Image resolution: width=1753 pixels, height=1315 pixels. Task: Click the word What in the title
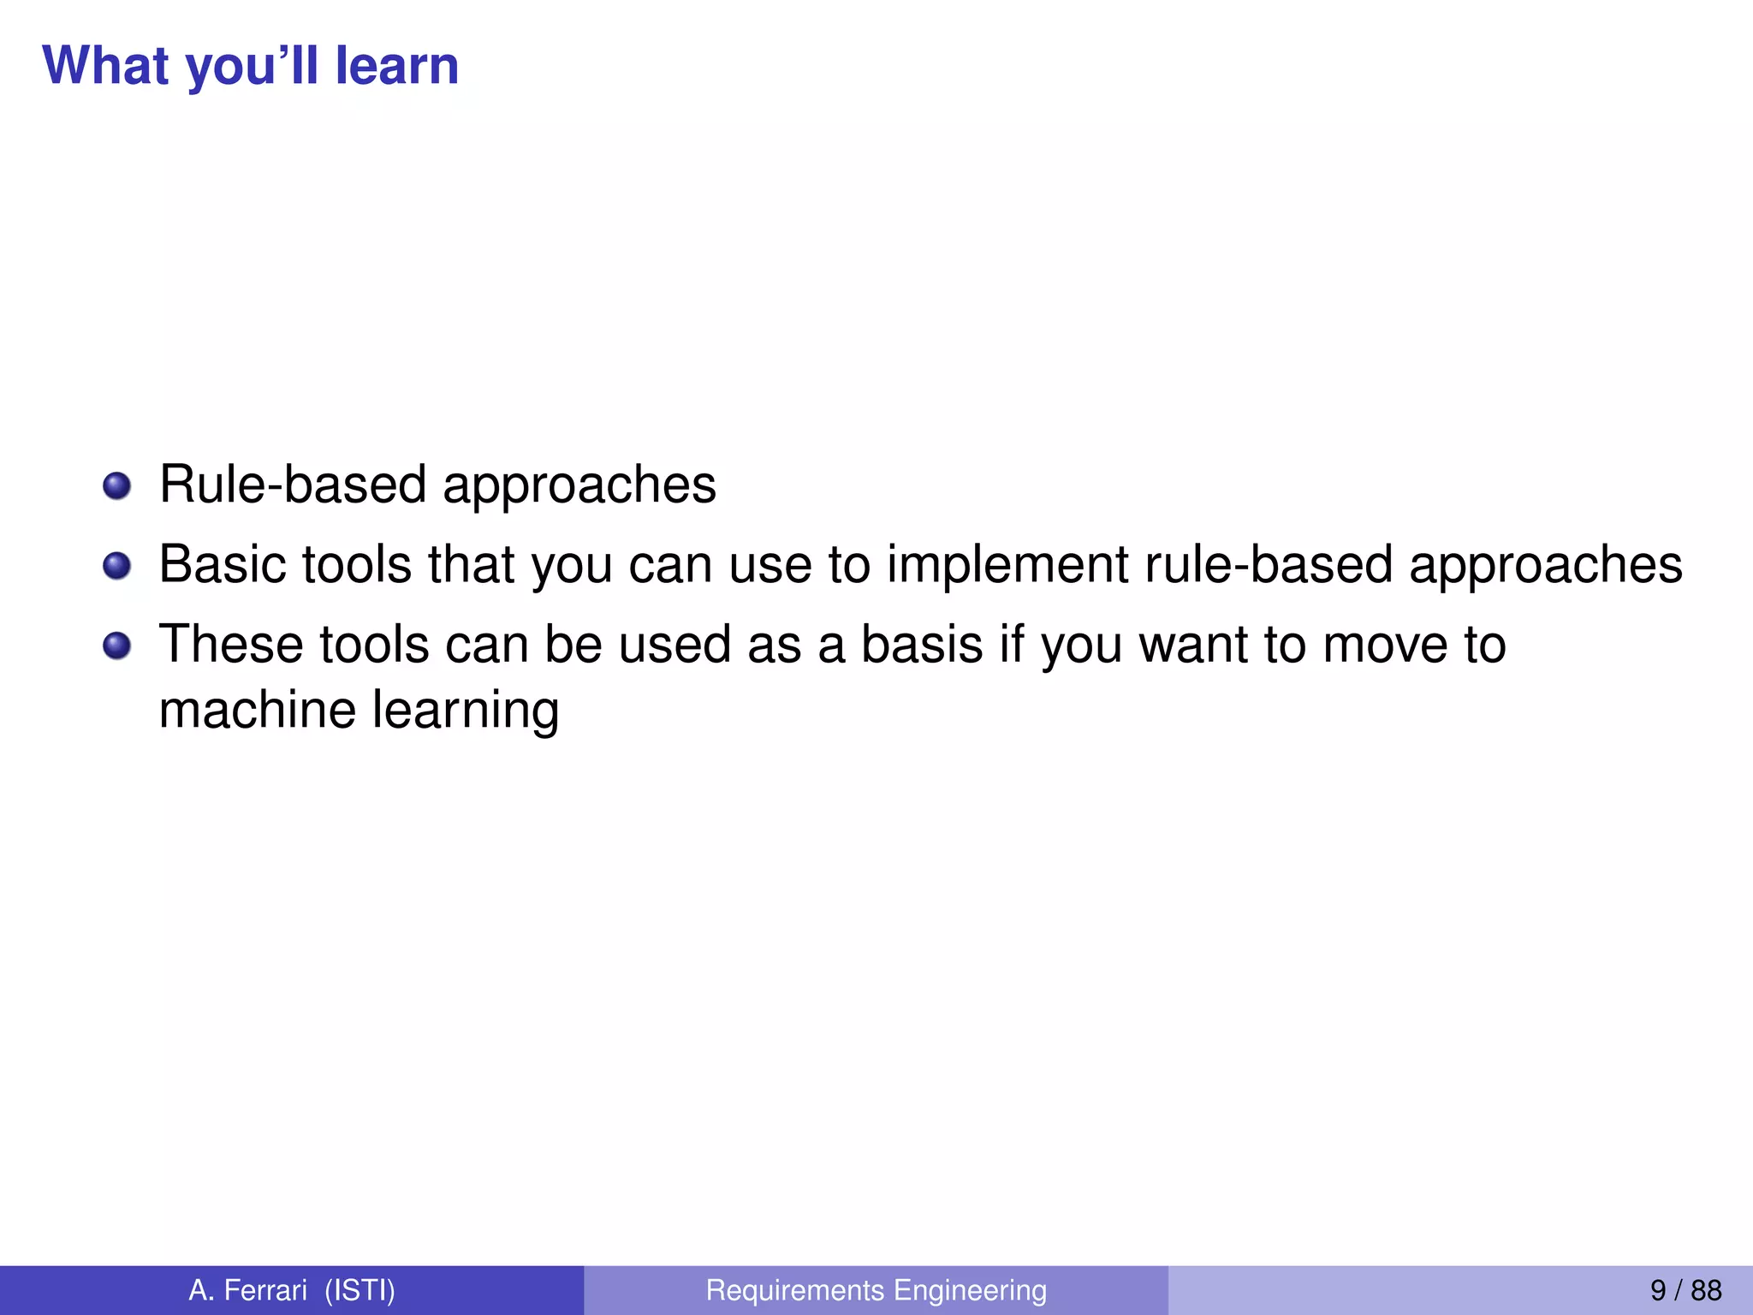105,66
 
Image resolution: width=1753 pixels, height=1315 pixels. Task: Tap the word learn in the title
396,66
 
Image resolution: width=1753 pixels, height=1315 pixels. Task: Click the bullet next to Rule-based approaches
116,486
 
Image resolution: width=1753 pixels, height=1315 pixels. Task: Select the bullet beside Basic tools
116,566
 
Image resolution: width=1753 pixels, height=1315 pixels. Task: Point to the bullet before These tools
116,646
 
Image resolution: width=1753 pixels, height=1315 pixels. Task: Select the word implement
1007,565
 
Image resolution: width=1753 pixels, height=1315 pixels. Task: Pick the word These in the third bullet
231,645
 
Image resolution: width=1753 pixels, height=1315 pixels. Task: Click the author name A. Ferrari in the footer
247,1290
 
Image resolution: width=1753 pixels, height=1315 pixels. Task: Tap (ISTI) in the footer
360,1290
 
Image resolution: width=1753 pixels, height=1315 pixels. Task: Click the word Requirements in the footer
794,1290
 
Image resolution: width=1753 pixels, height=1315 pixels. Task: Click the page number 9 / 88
1685,1290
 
